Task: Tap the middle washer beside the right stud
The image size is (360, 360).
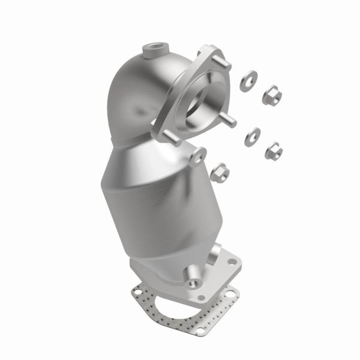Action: (x=251, y=137)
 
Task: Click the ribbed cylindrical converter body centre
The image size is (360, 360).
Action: (x=153, y=198)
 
